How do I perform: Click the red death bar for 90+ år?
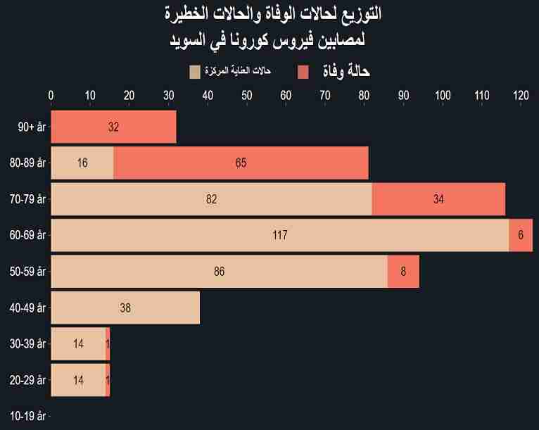[113, 127]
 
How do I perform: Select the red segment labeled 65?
[241, 163]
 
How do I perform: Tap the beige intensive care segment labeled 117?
[280, 235]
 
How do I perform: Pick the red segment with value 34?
[438, 199]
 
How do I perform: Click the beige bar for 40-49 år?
[125, 308]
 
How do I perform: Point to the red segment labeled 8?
[403, 272]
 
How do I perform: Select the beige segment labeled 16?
[82, 163]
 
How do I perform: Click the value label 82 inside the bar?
[212, 199]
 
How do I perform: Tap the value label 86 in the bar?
[219, 272]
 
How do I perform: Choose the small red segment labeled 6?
[521, 235]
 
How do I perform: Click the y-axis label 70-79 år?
[28, 199]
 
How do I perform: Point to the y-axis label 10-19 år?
[28, 416]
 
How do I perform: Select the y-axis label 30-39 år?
[28, 344]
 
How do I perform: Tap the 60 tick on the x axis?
[286, 96]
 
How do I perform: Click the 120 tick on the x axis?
[521, 96]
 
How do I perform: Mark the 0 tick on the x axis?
[51, 96]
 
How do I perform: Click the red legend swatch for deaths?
[304, 72]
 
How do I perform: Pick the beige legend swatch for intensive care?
[195, 72]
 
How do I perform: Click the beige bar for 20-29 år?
[78, 380]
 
